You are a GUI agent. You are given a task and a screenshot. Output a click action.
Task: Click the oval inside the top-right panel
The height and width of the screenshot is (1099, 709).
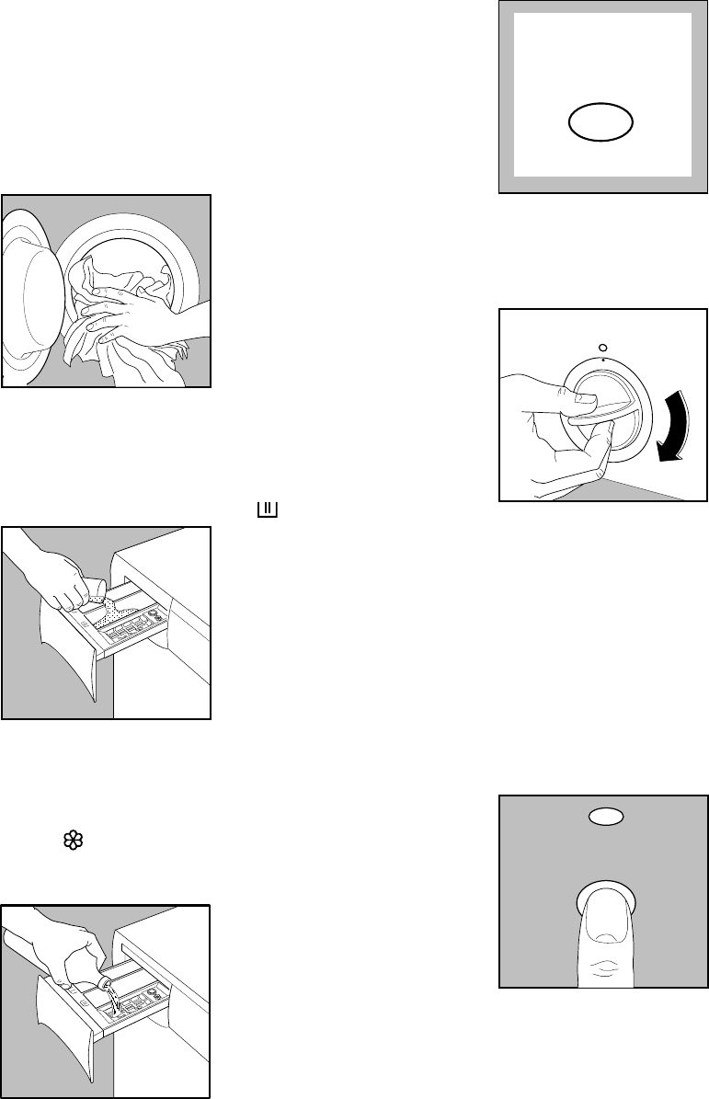600,121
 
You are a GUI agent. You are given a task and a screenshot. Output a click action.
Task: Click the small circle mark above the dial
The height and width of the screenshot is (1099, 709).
601,347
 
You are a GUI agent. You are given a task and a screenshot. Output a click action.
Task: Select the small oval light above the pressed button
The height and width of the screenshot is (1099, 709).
603,816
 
